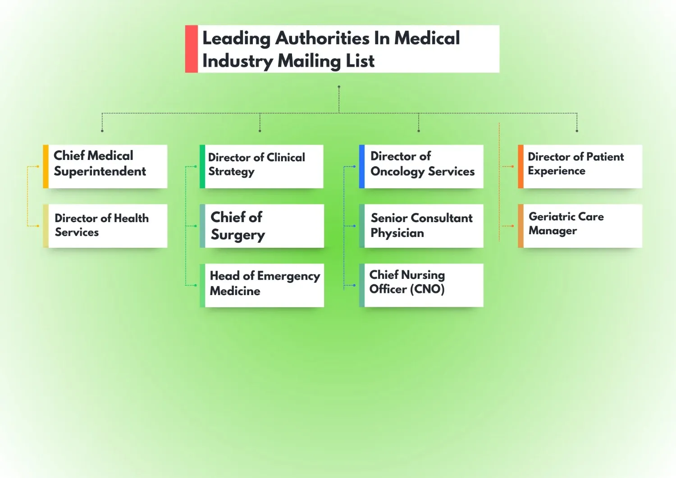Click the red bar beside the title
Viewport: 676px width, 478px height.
click(192, 49)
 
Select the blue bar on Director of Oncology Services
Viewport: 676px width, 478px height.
click(362, 166)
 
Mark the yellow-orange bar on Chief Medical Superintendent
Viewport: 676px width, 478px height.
click(46, 166)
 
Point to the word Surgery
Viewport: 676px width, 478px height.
click(238, 235)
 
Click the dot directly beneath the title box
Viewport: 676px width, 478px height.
click(339, 86)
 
